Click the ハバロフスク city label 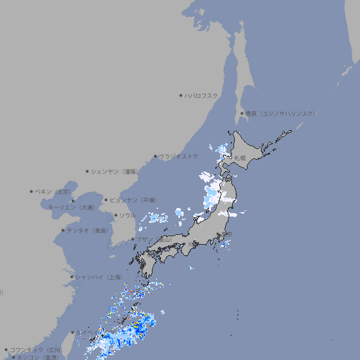[x=202, y=95]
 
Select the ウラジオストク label [x=179, y=156]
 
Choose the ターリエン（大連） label [x=71, y=207]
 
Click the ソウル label [x=127, y=215]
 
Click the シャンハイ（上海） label [x=98, y=277]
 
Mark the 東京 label [x=226, y=233]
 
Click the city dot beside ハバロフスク [x=181, y=95]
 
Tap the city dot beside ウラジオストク [x=155, y=156]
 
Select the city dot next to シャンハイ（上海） [x=71, y=277]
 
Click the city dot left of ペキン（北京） [x=32, y=191]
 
